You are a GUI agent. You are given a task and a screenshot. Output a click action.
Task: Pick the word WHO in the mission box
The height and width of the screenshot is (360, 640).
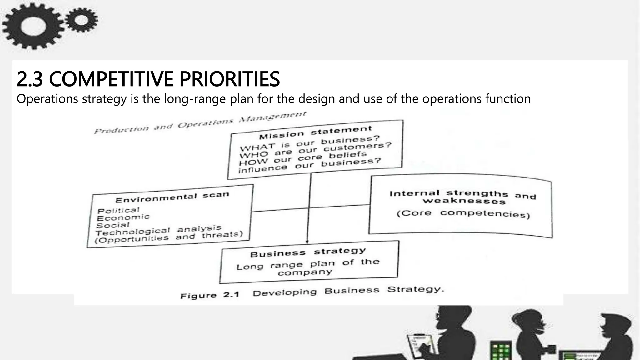pyautogui.click(x=254, y=154)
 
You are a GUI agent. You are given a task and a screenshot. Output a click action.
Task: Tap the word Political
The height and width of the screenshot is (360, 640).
pyautogui.click(x=118, y=211)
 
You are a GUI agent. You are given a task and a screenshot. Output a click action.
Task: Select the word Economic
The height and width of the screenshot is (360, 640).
pyautogui.click(x=123, y=217)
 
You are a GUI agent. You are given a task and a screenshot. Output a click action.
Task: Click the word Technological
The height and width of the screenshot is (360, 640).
pyautogui.click(x=132, y=232)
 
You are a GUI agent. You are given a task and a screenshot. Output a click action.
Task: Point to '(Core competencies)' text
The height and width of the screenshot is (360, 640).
pyautogui.click(x=463, y=214)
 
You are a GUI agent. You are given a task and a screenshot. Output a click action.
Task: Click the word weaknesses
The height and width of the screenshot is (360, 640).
pyautogui.click(x=464, y=201)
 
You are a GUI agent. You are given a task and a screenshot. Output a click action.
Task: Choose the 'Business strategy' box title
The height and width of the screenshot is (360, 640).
pyautogui.click(x=308, y=252)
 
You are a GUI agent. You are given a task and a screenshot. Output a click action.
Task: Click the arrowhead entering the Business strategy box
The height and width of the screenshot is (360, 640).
pyautogui.click(x=307, y=242)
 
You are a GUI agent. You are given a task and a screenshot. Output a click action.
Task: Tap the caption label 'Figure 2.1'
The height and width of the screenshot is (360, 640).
pyautogui.click(x=210, y=295)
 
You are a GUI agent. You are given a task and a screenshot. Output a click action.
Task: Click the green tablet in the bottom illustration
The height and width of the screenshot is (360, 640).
pyautogui.click(x=501, y=350)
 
